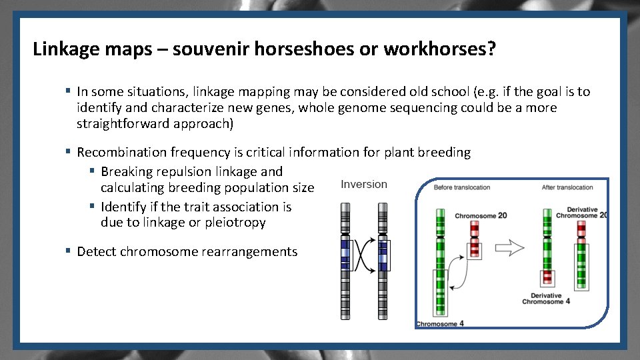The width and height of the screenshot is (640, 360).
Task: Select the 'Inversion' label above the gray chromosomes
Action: [363, 185]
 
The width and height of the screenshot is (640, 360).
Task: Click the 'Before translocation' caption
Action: [462, 187]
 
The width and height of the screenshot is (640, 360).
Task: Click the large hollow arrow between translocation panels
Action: [510, 248]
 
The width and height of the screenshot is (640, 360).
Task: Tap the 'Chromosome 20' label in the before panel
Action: [481, 216]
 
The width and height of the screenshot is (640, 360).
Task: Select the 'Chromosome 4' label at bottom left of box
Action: [440, 323]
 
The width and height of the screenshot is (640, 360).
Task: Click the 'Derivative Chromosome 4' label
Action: [546, 299]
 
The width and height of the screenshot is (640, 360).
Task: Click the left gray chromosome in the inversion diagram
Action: [345, 260]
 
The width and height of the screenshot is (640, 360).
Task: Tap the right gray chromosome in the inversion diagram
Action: [383, 260]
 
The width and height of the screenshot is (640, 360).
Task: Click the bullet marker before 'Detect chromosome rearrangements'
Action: [68, 251]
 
